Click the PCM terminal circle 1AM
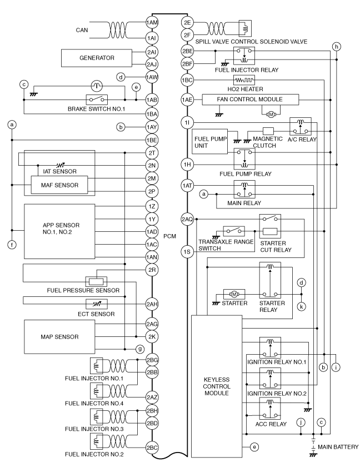tap(152, 23)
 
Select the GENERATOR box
tap(97, 58)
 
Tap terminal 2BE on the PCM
tap(188, 51)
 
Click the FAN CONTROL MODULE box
tap(250, 100)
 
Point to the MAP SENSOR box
tap(59, 337)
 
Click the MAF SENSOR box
tap(59, 185)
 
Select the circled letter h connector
tap(337, 47)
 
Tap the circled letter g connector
tap(140, 349)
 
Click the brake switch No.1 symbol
tap(97, 100)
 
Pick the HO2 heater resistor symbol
tap(244, 80)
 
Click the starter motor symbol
tap(234, 294)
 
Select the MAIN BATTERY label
tap(338, 447)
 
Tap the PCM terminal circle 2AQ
tap(188, 219)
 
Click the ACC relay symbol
tap(270, 408)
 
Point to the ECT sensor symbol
tap(97, 304)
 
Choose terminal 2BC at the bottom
tap(152, 448)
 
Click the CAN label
tap(82, 30)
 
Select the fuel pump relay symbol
tap(244, 158)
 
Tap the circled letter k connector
tap(302, 306)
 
